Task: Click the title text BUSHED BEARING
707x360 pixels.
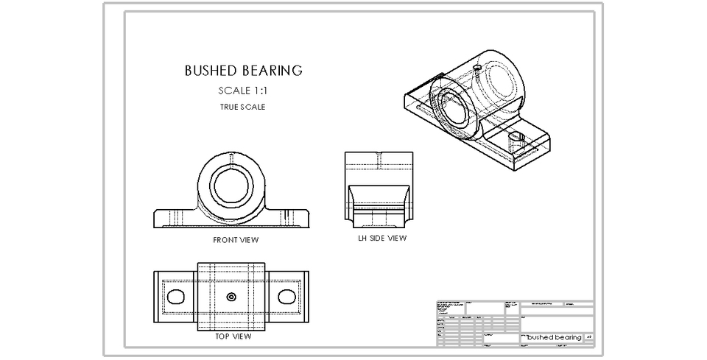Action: tap(243, 71)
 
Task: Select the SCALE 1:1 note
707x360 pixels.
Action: tap(243, 91)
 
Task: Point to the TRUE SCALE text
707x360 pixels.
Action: tap(242, 107)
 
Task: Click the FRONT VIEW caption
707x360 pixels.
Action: tap(236, 240)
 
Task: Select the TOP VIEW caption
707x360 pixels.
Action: tap(233, 336)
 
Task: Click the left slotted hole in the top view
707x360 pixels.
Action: tap(176, 296)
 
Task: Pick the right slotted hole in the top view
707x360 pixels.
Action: tap(287, 296)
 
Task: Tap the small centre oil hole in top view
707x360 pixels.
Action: tap(231, 297)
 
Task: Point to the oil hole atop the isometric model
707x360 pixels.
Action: tap(477, 67)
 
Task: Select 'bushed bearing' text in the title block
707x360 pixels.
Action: tap(554, 337)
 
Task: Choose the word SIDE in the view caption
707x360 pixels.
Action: tap(378, 238)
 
